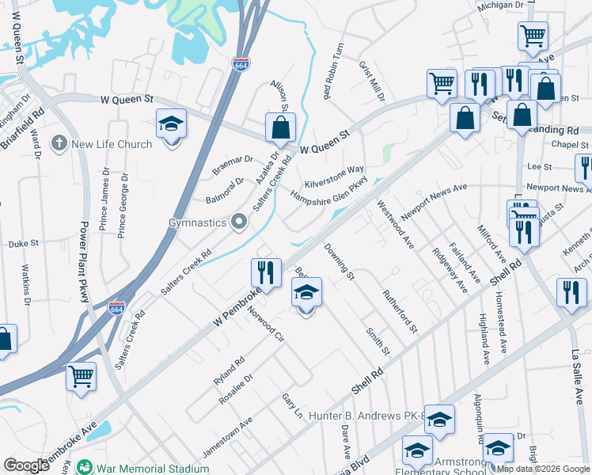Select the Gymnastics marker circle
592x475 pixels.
click(x=238, y=222)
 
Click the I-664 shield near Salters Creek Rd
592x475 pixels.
click(x=116, y=306)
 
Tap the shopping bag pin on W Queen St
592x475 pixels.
click(x=280, y=127)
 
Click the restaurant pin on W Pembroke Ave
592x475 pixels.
click(x=266, y=273)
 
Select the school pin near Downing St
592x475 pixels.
click(x=307, y=293)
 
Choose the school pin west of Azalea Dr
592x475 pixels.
click(x=171, y=124)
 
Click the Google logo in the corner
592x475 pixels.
click(x=26, y=465)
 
